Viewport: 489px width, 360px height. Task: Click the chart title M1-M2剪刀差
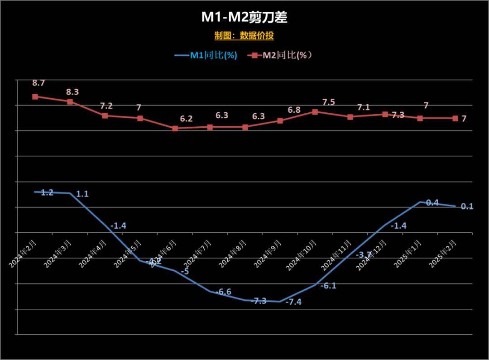pyautogui.click(x=244, y=17)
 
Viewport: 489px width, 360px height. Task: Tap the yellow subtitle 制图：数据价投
pyautogui.click(x=244, y=36)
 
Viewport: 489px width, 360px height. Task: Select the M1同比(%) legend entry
pyautogui.click(x=206, y=55)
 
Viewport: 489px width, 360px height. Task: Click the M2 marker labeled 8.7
pyautogui.click(x=35, y=96)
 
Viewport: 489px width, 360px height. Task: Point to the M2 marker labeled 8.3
pyautogui.click(x=70, y=102)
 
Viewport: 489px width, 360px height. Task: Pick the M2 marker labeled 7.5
pyautogui.click(x=315, y=111)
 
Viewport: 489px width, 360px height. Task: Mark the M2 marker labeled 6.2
pyautogui.click(x=175, y=129)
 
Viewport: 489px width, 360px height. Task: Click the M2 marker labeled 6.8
pyautogui.click(x=280, y=121)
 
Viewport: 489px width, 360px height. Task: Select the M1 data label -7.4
pyautogui.click(x=293, y=302)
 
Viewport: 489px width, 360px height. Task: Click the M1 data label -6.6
pyautogui.click(x=223, y=292)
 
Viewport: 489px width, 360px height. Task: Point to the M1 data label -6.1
pyautogui.click(x=329, y=286)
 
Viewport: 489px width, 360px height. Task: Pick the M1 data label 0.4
pyautogui.click(x=432, y=202)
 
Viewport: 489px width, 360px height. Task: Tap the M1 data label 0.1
pyautogui.click(x=467, y=206)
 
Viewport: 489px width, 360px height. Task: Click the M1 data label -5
pyautogui.click(x=185, y=272)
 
